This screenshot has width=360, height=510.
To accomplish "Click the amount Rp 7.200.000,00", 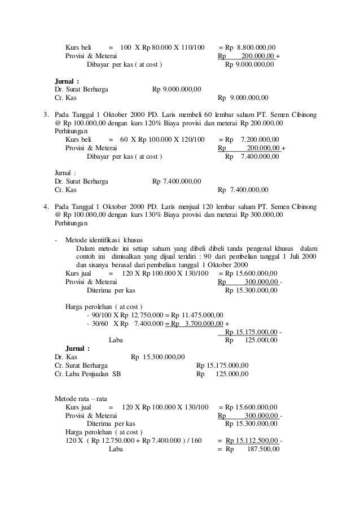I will click(x=252, y=140).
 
